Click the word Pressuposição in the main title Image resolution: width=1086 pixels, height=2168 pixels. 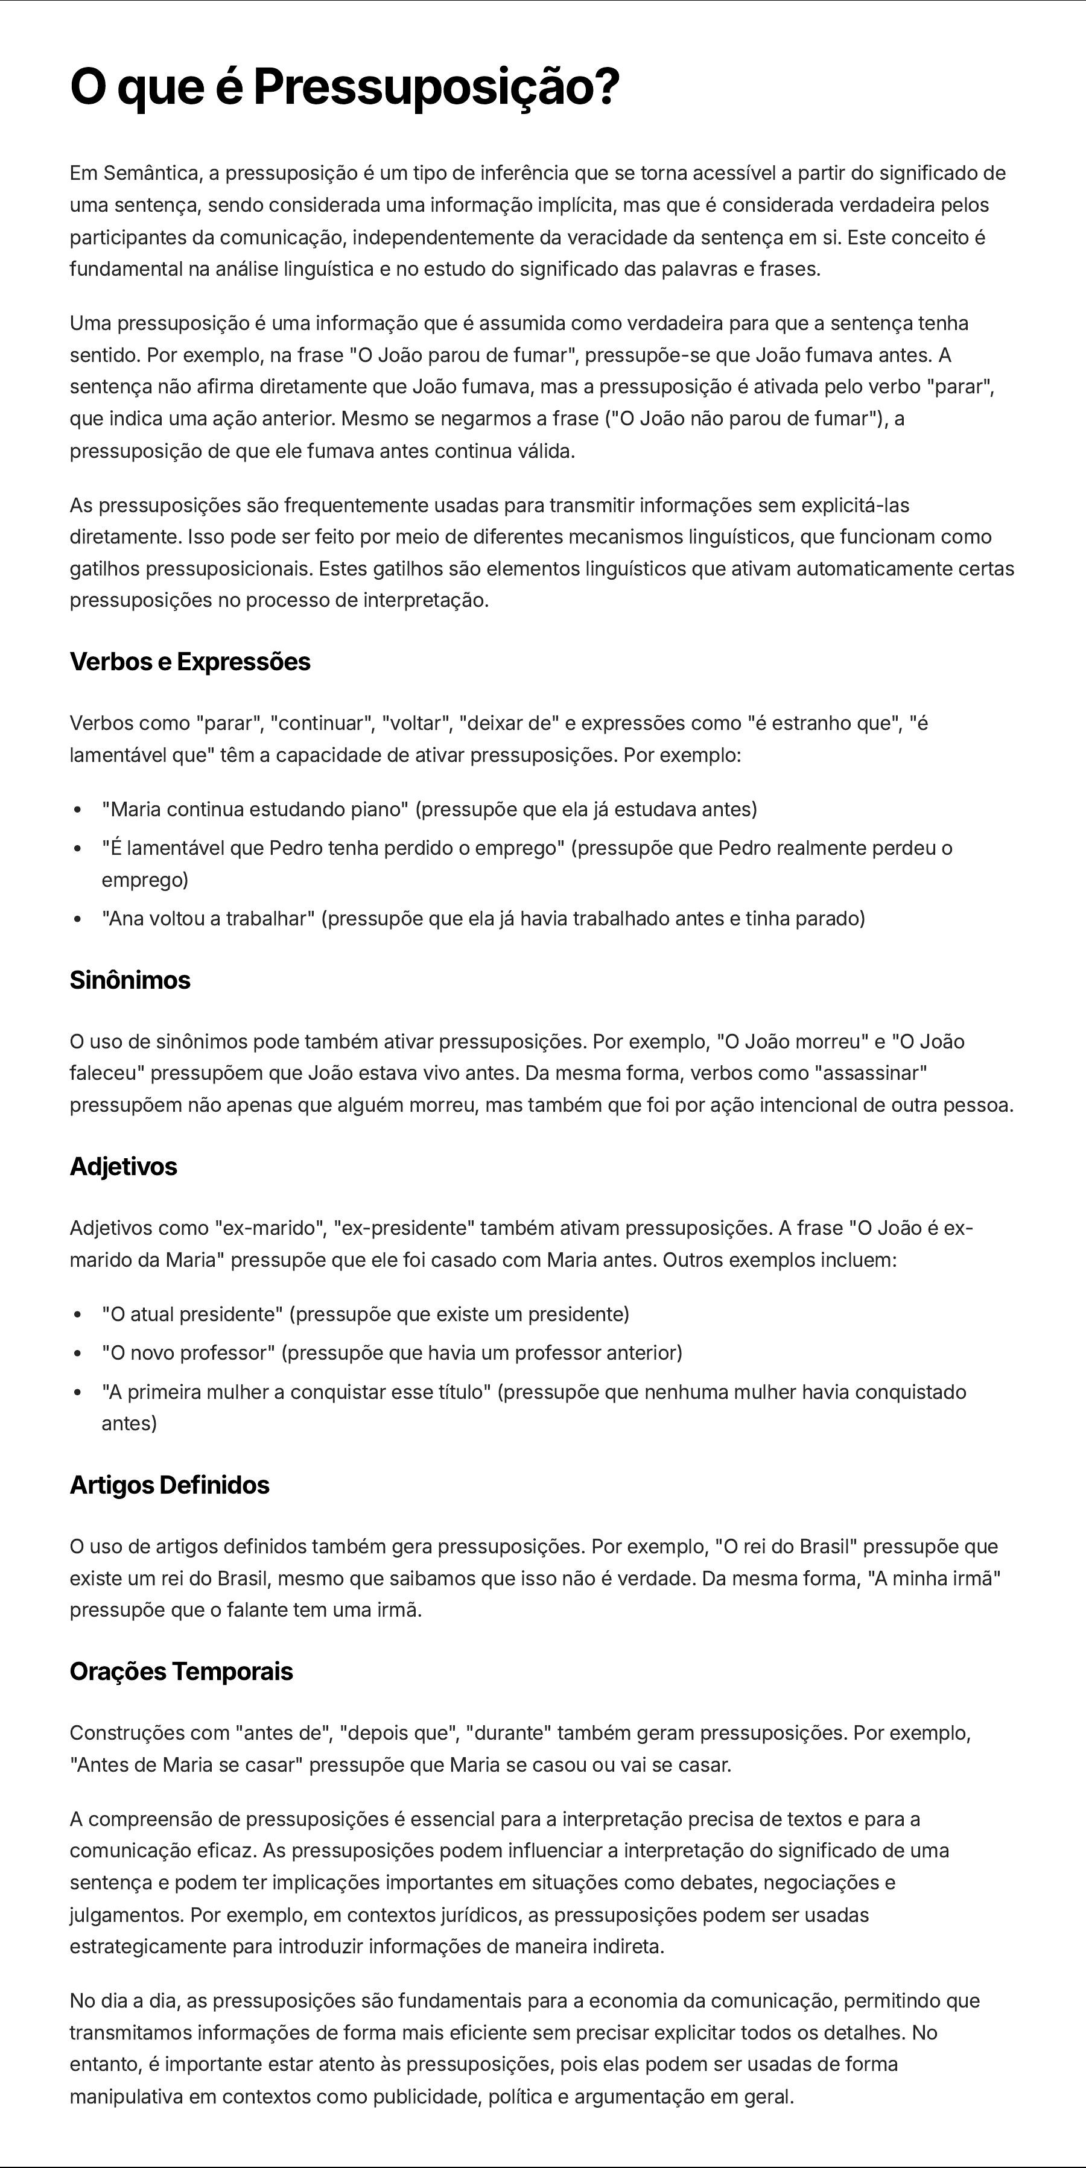(426, 87)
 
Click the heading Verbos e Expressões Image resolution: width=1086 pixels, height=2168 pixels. (190, 662)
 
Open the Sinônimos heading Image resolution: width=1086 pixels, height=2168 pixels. (130, 980)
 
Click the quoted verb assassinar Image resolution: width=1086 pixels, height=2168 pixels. (871, 1073)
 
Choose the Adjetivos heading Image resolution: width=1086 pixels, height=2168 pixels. (124, 1167)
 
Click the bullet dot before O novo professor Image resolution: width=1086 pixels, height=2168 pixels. (77, 1353)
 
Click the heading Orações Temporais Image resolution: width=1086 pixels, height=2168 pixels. (182, 1672)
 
